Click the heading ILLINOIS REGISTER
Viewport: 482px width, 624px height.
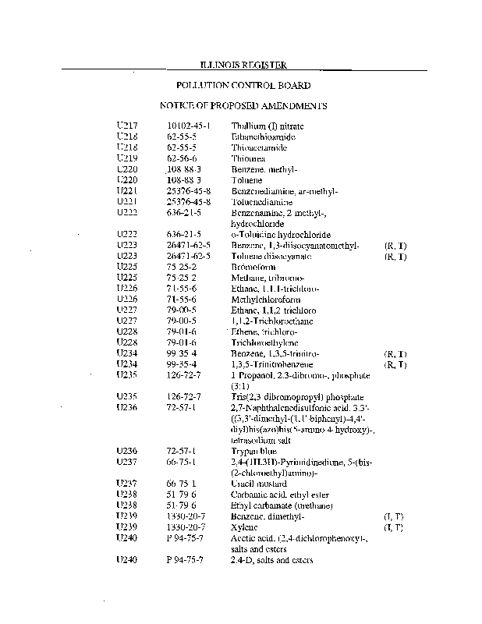click(x=242, y=66)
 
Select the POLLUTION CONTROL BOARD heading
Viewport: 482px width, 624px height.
click(x=243, y=86)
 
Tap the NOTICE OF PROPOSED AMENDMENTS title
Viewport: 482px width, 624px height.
click(x=243, y=105)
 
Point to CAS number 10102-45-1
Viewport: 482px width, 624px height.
click(x=189, y=126)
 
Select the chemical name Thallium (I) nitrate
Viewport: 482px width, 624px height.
click(x=268, y=126)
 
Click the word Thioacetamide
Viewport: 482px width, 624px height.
click(x=259, y=147)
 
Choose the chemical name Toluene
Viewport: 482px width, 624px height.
click(x=246, y=179)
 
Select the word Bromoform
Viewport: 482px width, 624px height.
click(x=255, y=267)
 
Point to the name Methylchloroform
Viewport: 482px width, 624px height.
click(x=266, y=299)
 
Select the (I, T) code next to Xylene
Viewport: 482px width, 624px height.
click(x=394, y=528)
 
